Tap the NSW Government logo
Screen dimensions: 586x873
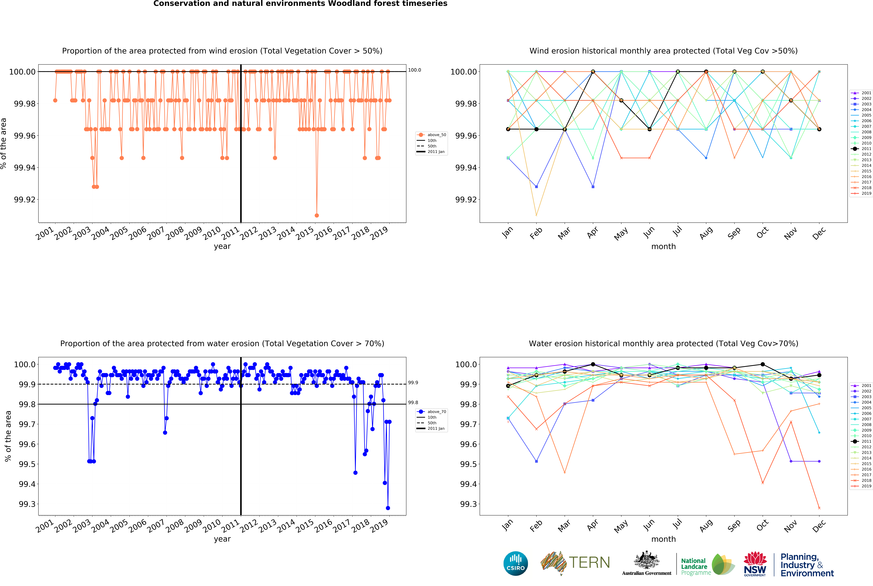[755, 564]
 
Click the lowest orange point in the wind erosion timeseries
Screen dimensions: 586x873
[317, 215]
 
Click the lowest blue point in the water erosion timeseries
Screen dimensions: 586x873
[388, 508]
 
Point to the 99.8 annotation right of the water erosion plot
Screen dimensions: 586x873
[413, 403]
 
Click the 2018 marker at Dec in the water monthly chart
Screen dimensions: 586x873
[819, 508]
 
